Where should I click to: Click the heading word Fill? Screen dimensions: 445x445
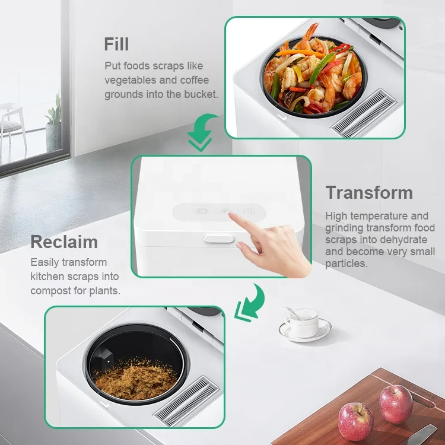[x=117, y=45]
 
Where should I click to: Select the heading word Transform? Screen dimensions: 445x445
[x=369, y=193]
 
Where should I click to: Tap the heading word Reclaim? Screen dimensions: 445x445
[x=64, y=242]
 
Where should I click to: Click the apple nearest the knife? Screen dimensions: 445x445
[x=396, y=403]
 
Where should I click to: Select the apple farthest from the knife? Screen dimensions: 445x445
[x=355, y=421]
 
